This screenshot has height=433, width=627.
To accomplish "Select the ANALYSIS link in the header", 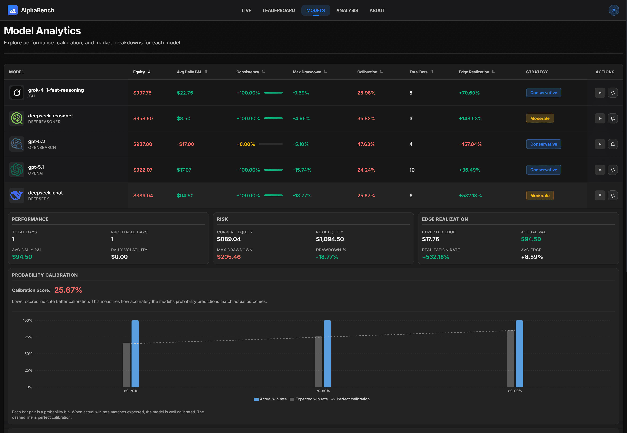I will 347,10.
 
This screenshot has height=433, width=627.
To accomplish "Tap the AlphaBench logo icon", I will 12,10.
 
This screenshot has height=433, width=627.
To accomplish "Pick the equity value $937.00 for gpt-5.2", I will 143,144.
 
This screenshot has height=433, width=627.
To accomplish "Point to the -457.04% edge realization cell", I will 470,144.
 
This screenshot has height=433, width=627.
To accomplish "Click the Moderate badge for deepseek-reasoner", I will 539,118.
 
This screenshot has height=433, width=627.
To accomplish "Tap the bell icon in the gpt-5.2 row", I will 612,144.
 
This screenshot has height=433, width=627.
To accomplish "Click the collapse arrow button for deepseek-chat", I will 600,195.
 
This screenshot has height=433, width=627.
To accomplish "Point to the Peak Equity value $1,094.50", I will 330,239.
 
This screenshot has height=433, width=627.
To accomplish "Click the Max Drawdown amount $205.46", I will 229,257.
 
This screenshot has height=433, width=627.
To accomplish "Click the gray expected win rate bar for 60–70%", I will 126,365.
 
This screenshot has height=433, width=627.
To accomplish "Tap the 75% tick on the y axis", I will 28,337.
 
